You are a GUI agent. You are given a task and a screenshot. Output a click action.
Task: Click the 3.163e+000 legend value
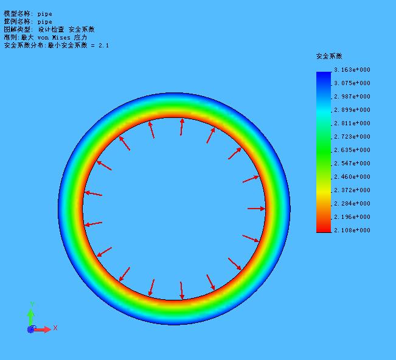coord(352,70)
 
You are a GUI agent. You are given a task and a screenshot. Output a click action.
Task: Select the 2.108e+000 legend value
coord(352,230)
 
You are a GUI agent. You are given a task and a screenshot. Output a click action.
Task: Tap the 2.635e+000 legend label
coord(352,150)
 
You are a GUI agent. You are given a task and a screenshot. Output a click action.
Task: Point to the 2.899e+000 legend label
coord(352,110)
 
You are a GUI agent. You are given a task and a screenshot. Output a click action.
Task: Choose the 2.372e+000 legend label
coord(352,190)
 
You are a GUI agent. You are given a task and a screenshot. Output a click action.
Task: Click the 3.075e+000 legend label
coord(352,83)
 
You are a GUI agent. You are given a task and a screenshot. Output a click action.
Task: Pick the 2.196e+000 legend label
coord(352,217)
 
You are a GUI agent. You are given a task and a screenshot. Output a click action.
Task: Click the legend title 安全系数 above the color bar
coord(329,56)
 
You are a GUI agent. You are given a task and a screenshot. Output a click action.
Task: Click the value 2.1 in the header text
coord(103,46)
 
